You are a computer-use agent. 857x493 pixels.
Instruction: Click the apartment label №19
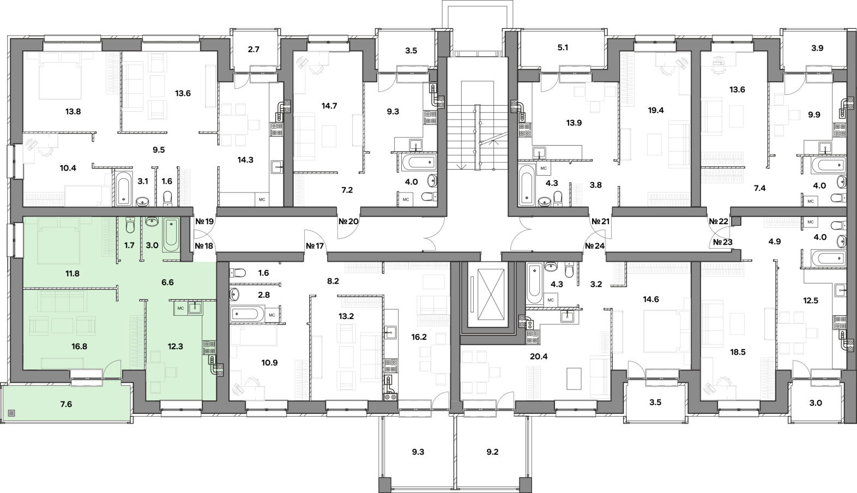(x=204, y=221)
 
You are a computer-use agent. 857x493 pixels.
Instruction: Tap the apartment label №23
(x=723, y=242)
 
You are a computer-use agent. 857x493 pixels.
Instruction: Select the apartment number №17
(x=315, y=246)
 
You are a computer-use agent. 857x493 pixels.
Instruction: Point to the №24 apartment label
(x=595, y=246)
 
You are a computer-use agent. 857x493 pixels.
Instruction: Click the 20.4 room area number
(x=539, y=357)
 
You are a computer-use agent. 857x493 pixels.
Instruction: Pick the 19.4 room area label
(x=656, y=111)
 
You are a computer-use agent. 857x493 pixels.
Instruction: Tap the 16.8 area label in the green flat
(x=79, y=346)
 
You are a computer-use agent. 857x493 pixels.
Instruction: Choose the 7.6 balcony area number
(x=66, y=404)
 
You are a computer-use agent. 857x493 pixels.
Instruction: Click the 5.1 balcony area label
(x=563, y=48)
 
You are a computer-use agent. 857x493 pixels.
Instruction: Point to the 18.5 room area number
(x=738, y=352)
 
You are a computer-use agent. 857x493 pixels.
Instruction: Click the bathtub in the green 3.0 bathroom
(x=171, y=235)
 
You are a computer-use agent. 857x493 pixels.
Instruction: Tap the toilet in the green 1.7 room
(x=130, y=225)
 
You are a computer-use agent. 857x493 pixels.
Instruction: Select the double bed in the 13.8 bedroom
(x=59, y=75)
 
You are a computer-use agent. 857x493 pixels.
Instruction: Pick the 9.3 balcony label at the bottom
(x=418, y=452)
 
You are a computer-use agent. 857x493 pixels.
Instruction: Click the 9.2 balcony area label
(x=492, y=452)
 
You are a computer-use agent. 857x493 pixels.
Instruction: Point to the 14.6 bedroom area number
(x=651, y=300)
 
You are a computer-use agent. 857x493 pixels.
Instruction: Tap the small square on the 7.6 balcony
(x=12, y=413)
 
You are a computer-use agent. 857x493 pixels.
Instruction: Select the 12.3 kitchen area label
(x=175, y=346)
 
